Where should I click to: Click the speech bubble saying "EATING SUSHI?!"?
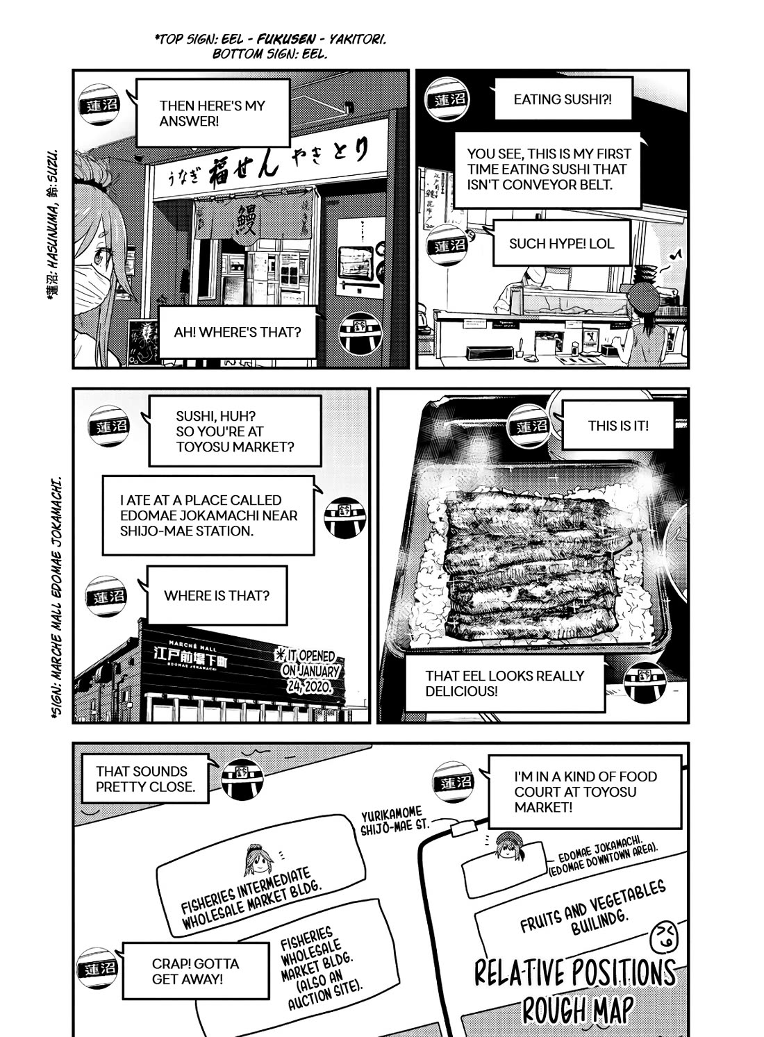563,99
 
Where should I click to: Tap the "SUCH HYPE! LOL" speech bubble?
561,243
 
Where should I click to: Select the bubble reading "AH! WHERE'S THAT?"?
238,332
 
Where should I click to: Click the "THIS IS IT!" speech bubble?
617,426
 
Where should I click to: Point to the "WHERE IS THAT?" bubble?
217,595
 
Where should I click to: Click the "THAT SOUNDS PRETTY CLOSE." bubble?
145,779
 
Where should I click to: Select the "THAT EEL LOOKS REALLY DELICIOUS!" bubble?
505,683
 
